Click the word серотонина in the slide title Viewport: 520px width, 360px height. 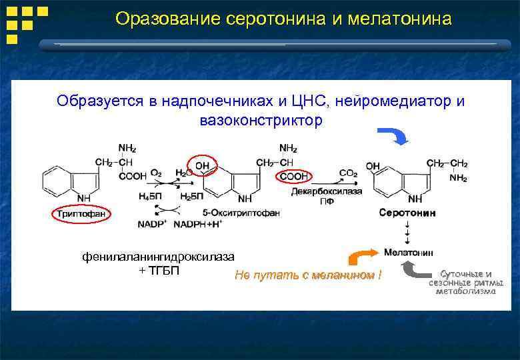pyautogui.click(x=275, y=19)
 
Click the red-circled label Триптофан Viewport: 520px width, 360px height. pyautogui.click(x=81, y=213)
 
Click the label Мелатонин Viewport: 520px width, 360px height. pyautogui.click(x=408, y=253)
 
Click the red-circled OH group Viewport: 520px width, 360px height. pyautogui.click(x=201, y=165)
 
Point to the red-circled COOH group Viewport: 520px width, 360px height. pyautogui.click(x=293, y=176)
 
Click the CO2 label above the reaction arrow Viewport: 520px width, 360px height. pyautogui.click(x=348, y=173)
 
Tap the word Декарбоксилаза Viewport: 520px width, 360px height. pyautogui.click(x=327, y=191)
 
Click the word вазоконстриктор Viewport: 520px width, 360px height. pyautogui.click(x=261, y=121)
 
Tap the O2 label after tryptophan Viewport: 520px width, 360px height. pyautogui.click(x=156, y=173)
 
